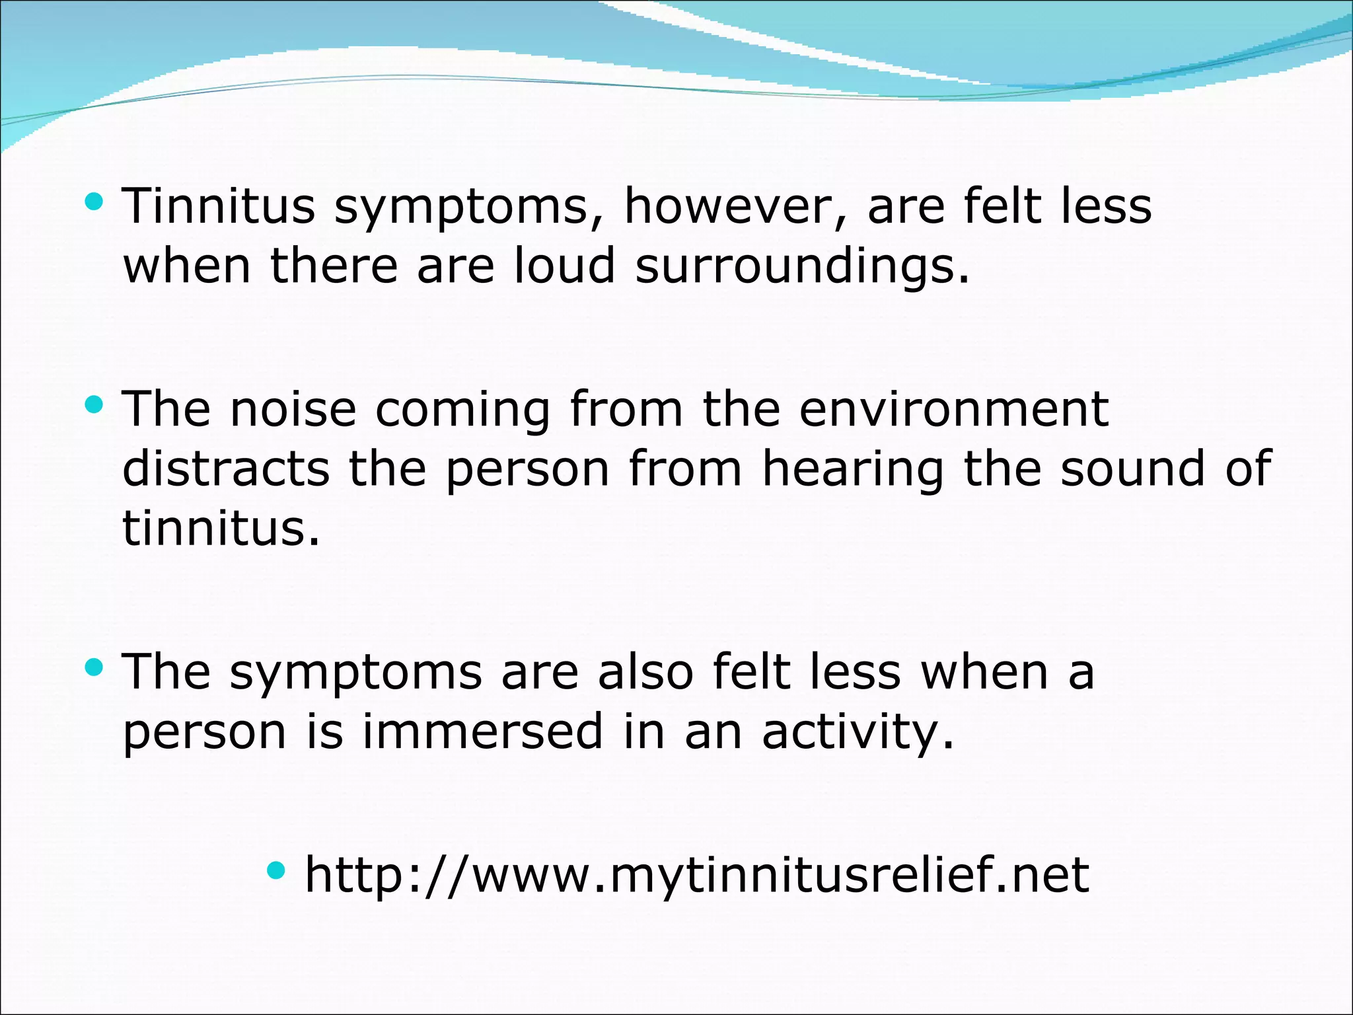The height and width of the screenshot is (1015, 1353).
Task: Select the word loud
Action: (565, 266)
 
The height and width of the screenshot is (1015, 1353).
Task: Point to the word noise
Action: (293, 409)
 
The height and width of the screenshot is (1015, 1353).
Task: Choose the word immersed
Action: (483, 732)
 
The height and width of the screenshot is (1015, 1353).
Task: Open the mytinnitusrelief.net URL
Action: (696, 875)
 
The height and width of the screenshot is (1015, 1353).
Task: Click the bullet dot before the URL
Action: (276, 870)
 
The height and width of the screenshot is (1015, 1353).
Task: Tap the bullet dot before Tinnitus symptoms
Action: (94, 202)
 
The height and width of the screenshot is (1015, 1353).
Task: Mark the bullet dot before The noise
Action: (94, 404)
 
